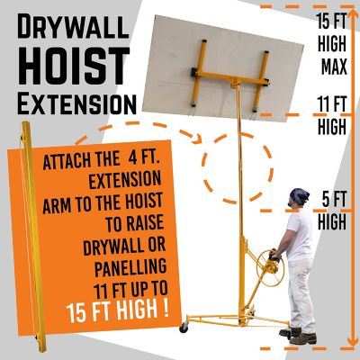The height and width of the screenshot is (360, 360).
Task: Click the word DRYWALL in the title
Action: pos(73,26)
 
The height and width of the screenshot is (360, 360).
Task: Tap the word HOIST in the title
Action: pos(74,66)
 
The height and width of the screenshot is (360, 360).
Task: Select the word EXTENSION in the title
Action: pos(76,104)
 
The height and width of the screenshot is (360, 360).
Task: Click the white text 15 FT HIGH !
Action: pos(117,309)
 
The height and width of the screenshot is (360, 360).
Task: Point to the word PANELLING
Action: pos(130,266)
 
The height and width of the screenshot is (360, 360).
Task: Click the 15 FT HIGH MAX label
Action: pos(332,43)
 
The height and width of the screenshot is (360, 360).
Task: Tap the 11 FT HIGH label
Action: pos(332,115)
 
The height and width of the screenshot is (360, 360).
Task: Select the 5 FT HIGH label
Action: pos(332,211)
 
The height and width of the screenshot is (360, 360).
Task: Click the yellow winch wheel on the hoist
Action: pos(269,268)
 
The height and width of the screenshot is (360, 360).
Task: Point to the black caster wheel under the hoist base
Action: pos(184,328)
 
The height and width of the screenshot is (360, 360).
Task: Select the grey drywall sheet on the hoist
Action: pos(223,68)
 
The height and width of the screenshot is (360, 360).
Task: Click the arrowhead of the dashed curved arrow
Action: pos(197,139)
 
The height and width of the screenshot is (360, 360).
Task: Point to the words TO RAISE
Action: pos(134,222)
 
